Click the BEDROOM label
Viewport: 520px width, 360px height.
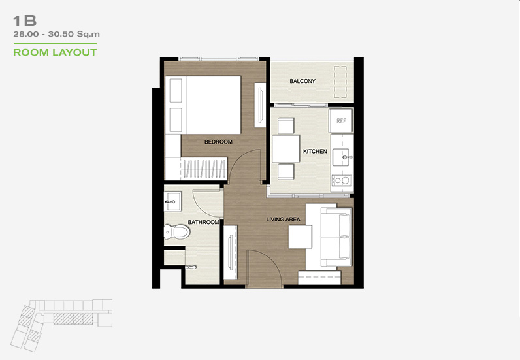(x=218, y=142)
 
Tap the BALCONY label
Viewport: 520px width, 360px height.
(x=302, y=81)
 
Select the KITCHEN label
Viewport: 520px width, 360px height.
(x=315, y=152)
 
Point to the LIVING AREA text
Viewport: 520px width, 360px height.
(x=284, y=220)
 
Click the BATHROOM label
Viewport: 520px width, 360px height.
(x=203, y=222)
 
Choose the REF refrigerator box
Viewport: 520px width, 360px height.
(x=341, y=121)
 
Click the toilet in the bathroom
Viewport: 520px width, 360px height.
(x=177, y=231)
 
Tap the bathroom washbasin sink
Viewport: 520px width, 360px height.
(x=173, y=201)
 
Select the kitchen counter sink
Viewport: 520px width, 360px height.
(x=342, y=157)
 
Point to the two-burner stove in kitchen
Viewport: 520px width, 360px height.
(x=342, y=180)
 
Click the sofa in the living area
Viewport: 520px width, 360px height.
(x=336, y=237)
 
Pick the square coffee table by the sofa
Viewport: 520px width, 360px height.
(x=300, y=237)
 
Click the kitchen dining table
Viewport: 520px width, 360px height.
(x=286, y=148)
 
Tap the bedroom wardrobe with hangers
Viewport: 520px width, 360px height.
(x=204, y=169)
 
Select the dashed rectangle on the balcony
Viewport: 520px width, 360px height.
(x=340, y=82)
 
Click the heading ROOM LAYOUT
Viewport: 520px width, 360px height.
(x=55, y=52)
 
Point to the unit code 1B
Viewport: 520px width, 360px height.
(x=25, y=21)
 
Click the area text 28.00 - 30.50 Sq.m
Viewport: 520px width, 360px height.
(x=56, y=34)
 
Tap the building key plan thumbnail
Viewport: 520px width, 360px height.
(x=61, y=325)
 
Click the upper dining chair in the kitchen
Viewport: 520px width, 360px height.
(x=286, y=125)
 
